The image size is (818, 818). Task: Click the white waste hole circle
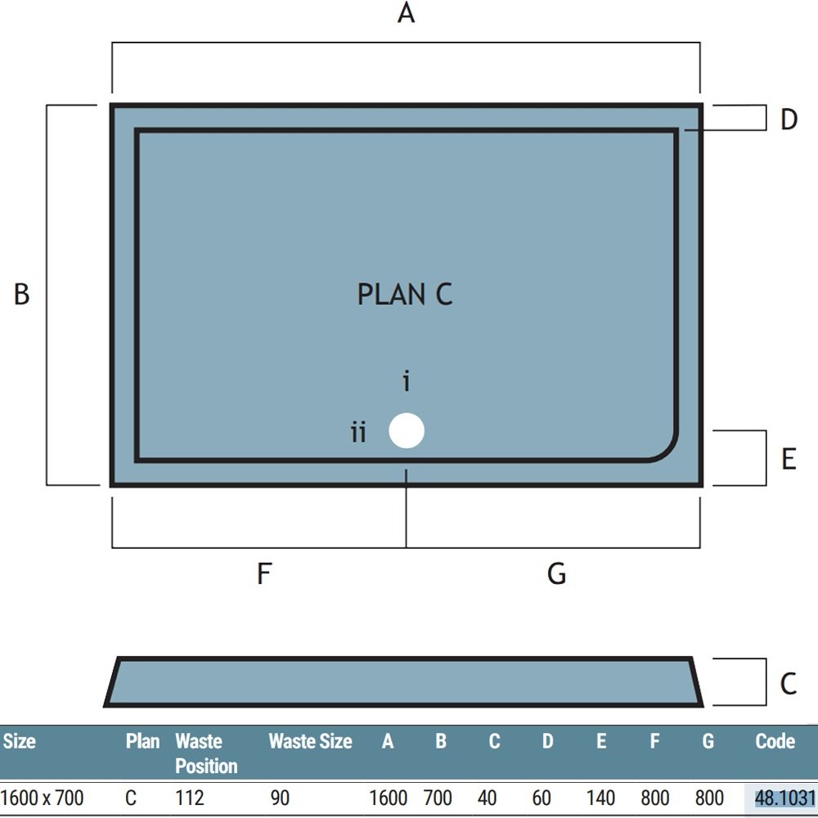pyautogui.click(x=407, y=431)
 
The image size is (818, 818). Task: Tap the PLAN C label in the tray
pyautogui.click(x=405, y=294)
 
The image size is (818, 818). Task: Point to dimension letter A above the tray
pyautogui.click(x=406, y=13)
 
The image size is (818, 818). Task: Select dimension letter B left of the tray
pyautogui.click(x=21, y=294)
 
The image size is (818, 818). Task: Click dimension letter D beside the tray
pyautogui.click(x=789, y=119)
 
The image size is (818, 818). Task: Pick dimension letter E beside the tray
pyautogui.click(x=789, y=459)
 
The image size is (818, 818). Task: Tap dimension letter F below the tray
pyautogui.click(x=264, y=573)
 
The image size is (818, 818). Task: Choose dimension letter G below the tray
pyautogui.click(x=556, y=573)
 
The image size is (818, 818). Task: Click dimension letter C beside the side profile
pyautogui.click(x=789, y=683)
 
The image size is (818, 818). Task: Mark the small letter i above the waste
pyautogui.click(x=407, y=381)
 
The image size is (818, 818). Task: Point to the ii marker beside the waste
pyautogui.click(x=358, y=433)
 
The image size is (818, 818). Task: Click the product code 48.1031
pyautogui.click(x=785, y=798)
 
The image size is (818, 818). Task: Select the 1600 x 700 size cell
pyautogui.click(x=43, y=798)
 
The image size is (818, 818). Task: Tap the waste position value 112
pyautogui.click(x=190, y=798)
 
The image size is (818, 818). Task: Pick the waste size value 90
pyautogui.click(x=280, y=798)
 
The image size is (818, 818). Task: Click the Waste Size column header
pyautogui.click(x=310, y=741)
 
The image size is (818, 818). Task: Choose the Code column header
pyautogui.click(x=775, y=741)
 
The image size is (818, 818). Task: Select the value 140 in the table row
pyautogui.click(x=600, y=798)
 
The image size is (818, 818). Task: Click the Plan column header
pyautogui.click(x=142, y=741)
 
